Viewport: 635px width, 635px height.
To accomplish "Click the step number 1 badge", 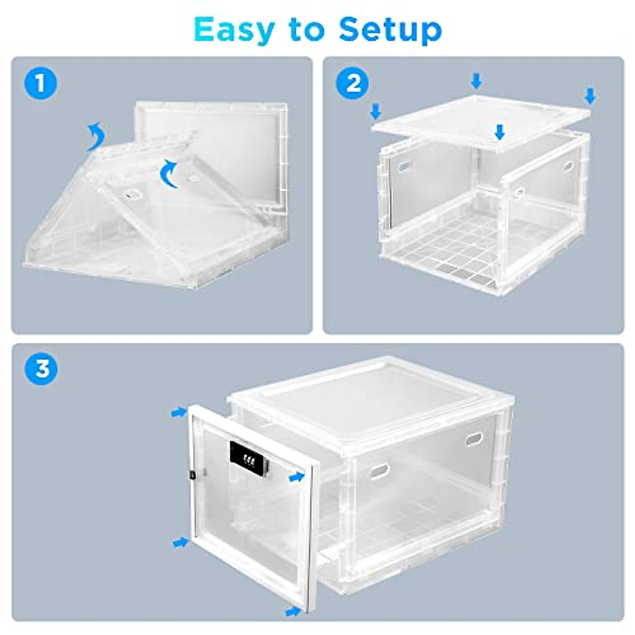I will click(x=40, y=83).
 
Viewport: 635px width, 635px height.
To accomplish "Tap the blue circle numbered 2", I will click(x=353, y=83).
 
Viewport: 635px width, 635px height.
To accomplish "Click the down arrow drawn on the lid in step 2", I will click(x=499, y=132).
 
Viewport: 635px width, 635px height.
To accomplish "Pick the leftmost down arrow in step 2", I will click(x=376, y=111).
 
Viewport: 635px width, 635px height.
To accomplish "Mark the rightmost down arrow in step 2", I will click(x=590, y=96).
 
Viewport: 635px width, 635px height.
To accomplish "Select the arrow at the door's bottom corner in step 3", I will click(x=293, y=612).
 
